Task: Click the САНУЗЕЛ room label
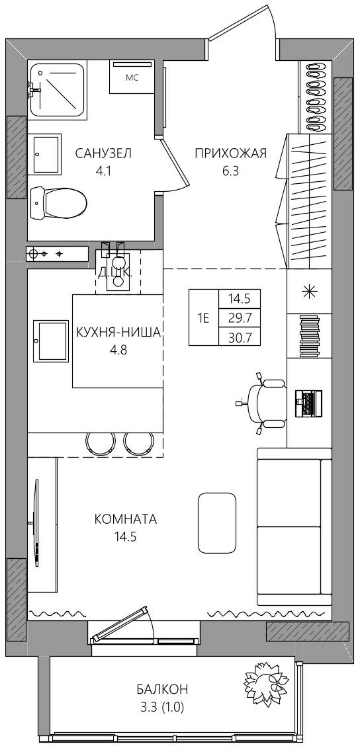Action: (x=103, y=153)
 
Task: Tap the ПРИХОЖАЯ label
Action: (x=230, y=153)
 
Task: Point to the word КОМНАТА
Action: (x=126, y=519)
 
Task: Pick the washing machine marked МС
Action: (x=132, y=77)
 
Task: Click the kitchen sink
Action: (x=51, y=341)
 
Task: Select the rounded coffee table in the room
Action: (x=216, y=522)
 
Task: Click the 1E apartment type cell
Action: (x=204, y=317)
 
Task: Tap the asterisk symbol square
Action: (x=310, y=292)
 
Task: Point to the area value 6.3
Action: (x=230, y=171)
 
